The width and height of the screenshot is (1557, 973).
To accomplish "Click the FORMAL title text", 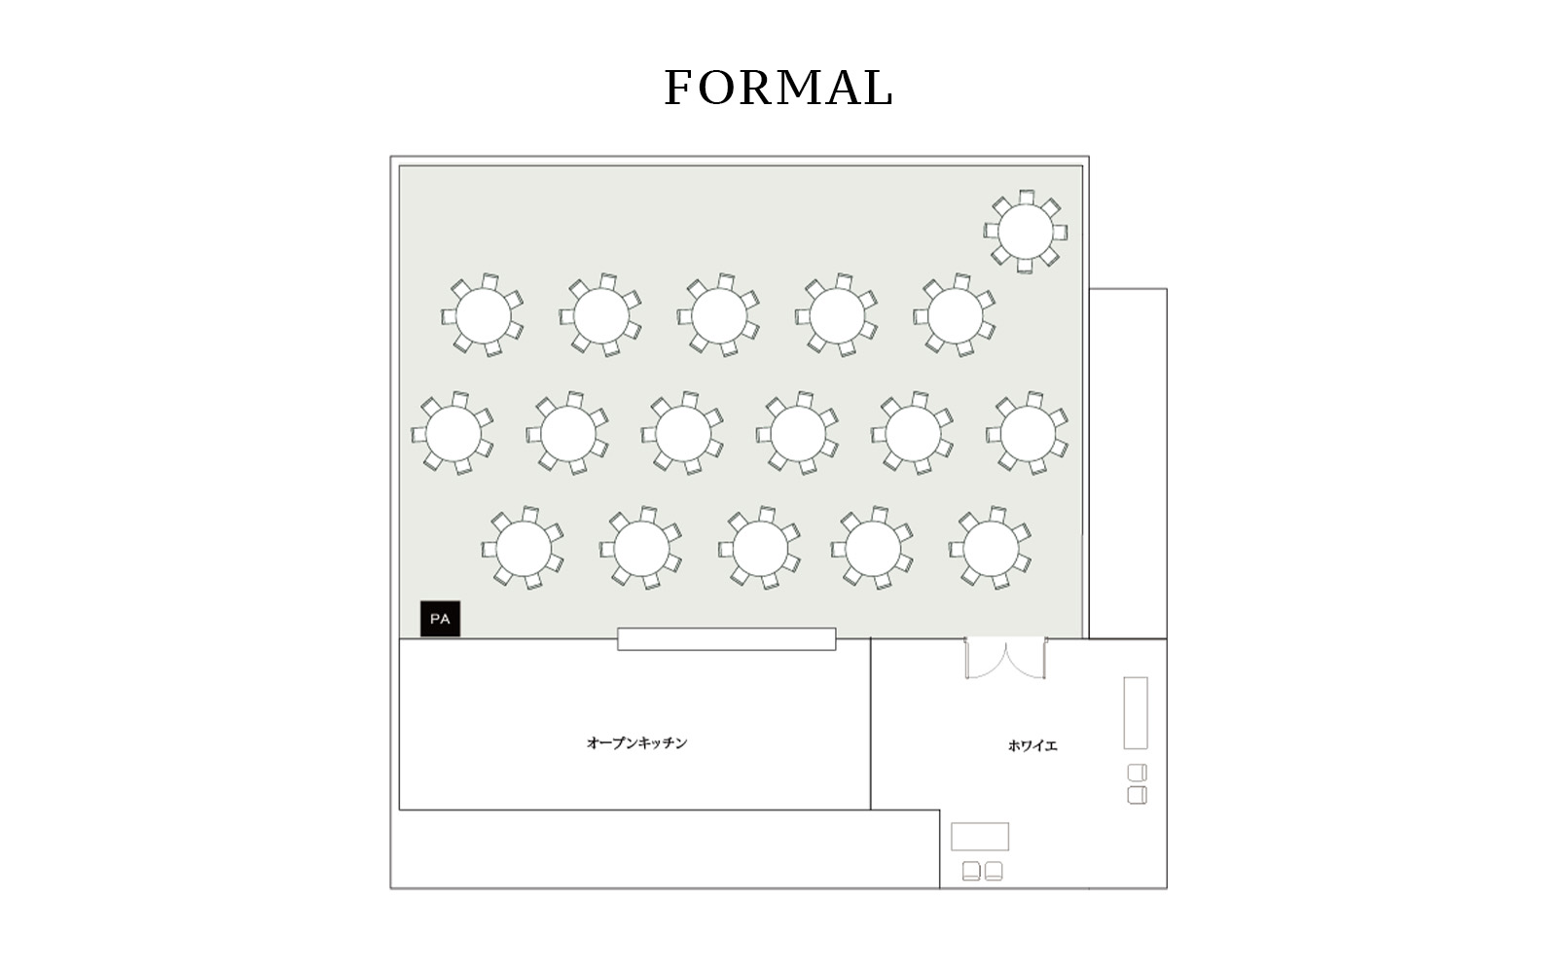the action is click(x=778, y=88).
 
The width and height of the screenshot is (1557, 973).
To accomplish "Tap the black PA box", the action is click(x=440, y=619).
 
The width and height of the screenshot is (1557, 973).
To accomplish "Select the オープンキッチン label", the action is click(x=636, y=743).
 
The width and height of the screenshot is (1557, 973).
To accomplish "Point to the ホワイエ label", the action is click(x=1032, y=745).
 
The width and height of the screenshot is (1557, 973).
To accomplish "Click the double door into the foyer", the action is click(x=1005, y=658).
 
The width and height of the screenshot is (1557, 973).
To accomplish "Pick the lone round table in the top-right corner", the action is click(x=1026, y=233).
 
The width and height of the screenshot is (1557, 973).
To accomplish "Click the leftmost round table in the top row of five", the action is click(x=483, y=315).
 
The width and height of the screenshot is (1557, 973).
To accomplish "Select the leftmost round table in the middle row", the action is click(x=453, y=433).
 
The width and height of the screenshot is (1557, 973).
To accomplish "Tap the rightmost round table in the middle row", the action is click(x=1028, y=433).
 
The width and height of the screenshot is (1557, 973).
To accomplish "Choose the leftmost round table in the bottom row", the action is click(x=524, y=549).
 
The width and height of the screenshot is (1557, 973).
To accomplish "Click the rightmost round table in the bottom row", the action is click(x=991, y=549).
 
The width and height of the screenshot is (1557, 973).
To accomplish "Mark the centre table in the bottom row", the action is click(x=760, y=549).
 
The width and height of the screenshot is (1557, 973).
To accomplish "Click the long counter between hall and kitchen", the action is click(x=726, y=639).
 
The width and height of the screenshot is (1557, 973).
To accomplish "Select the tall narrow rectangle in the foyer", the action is click(x=1136, y=713).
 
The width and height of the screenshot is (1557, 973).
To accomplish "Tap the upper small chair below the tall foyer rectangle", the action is click(x=1138, y=773).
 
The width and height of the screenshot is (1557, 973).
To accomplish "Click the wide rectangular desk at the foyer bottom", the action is click(x=980, y=837).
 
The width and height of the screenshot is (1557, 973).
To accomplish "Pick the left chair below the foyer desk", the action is click(x=971, y=871).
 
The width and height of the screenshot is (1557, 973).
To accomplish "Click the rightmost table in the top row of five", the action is click(x=955, y=315).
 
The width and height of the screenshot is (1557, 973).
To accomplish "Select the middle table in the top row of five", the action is click(x=719, y=315).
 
